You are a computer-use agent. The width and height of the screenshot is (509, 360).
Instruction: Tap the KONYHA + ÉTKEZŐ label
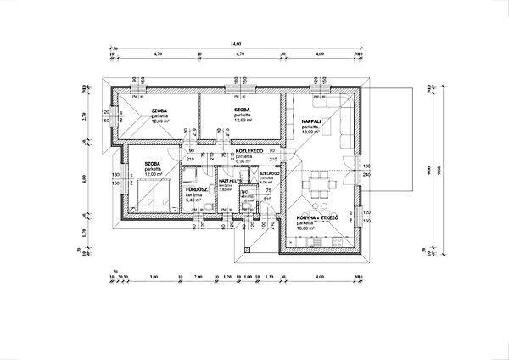(x=318, y=217)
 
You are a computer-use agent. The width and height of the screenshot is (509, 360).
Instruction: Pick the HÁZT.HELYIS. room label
(x=231, y=181)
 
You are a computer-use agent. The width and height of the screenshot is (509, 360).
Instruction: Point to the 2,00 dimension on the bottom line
(x=198, y=277)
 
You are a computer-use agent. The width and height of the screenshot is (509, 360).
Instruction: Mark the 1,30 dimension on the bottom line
(x=269, y=277)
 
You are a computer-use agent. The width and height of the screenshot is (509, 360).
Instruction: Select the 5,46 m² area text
(x=195, y=200)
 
